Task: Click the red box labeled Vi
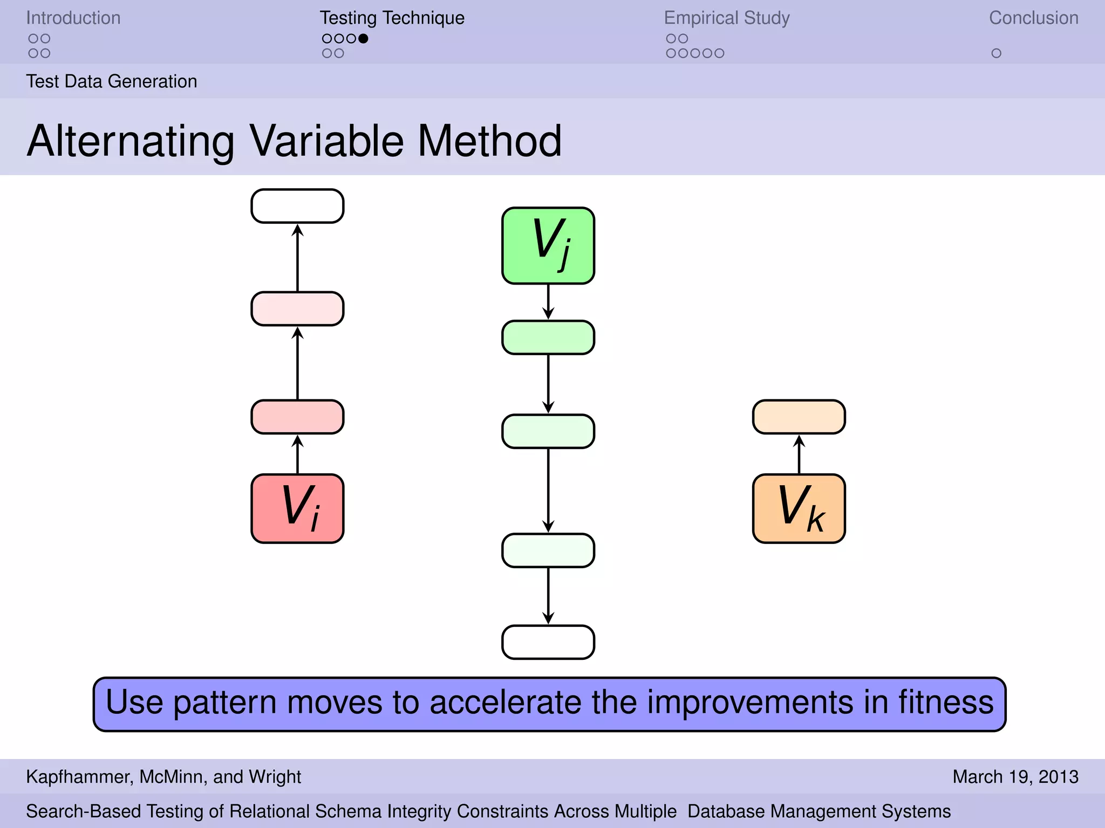coord(297,508)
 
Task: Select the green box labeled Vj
coord(548,246)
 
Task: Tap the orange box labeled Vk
coord(799,508)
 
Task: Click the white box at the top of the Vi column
coord(297,206)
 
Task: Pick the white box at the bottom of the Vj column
coord(548,642)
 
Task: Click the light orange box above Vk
coord(799,417)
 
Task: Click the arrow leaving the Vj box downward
coord(548,302)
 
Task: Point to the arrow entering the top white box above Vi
coord(297,258)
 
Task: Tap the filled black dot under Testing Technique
coord(364,39)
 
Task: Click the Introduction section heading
coord(73,18)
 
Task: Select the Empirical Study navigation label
coord(726,18)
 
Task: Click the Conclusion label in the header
coord(1033,18)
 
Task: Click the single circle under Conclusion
coord(996,53)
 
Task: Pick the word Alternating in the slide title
coord(131,141)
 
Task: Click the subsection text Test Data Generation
coord(112,81)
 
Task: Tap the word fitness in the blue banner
coord(945,702)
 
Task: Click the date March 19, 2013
coord(1015,777)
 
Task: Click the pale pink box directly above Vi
coord(297,417)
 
